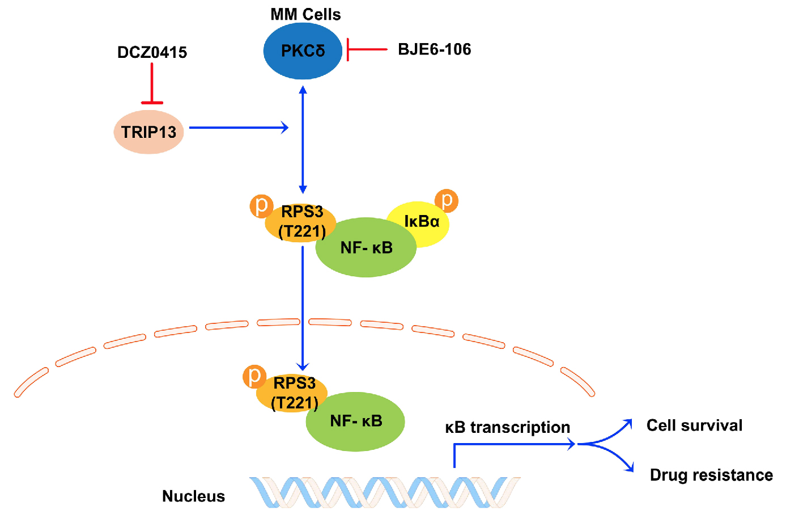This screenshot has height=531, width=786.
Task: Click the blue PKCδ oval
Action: [x=303, y=51]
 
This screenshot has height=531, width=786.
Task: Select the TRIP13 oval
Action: [x=148, y=132]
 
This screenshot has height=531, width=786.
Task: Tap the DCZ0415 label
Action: [x=152, y=53]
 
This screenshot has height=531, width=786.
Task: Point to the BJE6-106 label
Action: [x=434, y=50]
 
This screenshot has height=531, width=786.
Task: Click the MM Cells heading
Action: [x=305, y=15]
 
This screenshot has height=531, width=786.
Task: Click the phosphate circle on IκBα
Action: [x=447, y=201]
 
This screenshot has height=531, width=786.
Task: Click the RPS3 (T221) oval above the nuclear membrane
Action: [x=300, y=221]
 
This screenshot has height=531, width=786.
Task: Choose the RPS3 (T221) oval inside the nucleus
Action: [x=291, y=393]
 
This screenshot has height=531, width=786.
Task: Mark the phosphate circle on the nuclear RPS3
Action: [x=254, y=376]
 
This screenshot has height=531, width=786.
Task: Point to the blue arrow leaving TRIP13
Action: [x=238, y=128]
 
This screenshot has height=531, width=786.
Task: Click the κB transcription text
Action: [x=507, y=427]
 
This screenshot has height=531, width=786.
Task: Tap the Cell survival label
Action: [x=694, y=425]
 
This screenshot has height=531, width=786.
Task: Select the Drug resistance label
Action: [x=711, y=475]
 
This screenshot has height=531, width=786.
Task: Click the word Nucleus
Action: [x=193, y=496]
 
